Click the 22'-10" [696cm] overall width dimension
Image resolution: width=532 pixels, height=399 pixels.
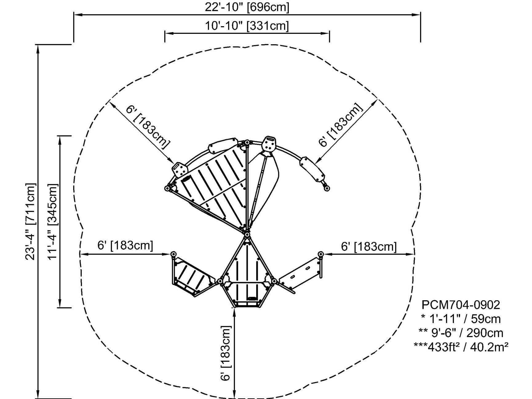pos(247,7)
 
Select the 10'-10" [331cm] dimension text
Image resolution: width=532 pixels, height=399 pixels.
pos(247,26)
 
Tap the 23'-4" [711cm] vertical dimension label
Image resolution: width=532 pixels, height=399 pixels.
pos(31,221)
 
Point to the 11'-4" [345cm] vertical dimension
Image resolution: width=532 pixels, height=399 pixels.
pos(53,221)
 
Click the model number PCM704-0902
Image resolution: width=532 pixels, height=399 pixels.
pos(461,305)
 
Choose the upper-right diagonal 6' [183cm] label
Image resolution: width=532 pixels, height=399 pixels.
pos(340,125)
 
